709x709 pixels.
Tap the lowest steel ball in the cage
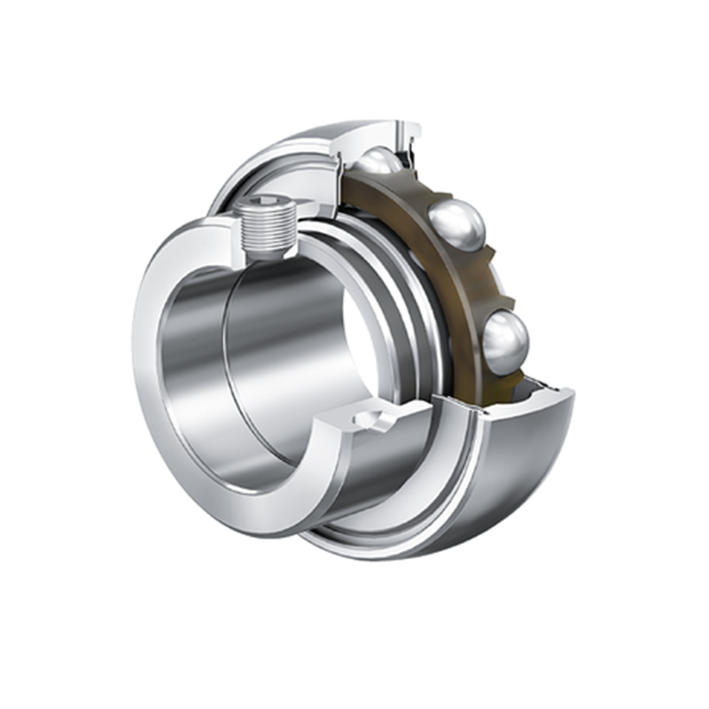coord(505,338)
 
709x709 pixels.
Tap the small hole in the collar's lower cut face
coord(366,414)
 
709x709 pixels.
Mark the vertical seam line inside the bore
coord(233,372)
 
